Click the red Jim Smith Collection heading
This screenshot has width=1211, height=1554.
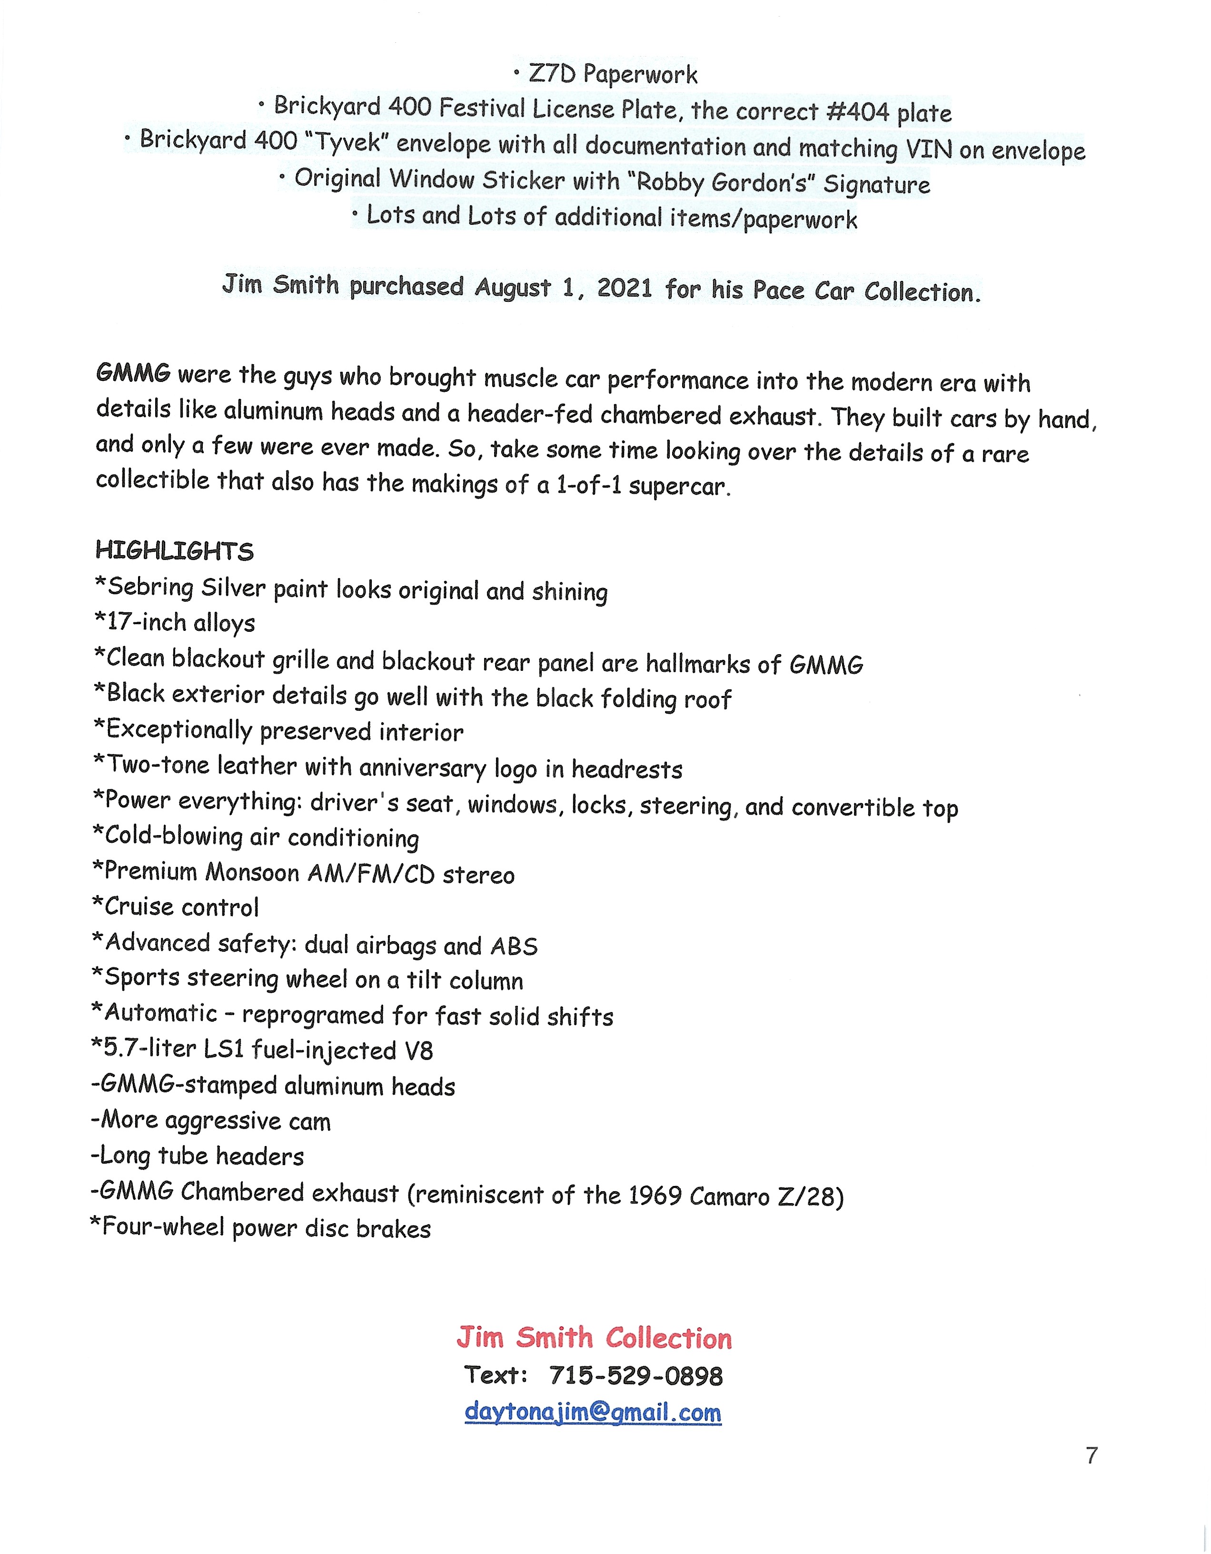tap(594, 1338)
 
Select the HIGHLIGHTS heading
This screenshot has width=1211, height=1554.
tap(174, 551)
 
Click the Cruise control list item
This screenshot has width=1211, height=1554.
tap(176, 907)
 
